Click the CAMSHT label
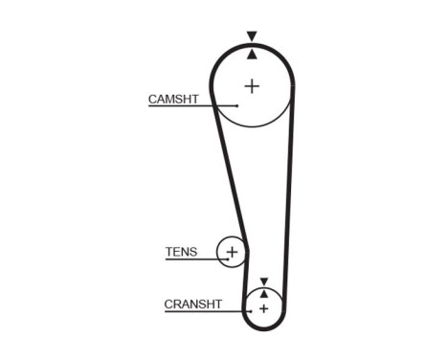pyautogui.click(x=172, y=99)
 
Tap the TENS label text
pyautogui.click(x=181, y=253)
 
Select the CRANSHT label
pyautogui.click(x=192, y=304)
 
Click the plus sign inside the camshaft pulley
pyautogui.click(x=252, y=85)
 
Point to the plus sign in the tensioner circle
pyautogui.click(x=232, y=252)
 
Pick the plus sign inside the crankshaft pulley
pyautogui.click(x=263, y=308)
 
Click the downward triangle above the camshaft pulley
pyautogui.click(x=252, y=36)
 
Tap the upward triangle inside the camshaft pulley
pyautogui.click(x=252, y=55)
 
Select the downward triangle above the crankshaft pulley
pyautogui.click(x=263, y=281)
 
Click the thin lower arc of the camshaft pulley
pyautogui.click(x=252, y=125)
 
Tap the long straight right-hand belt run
pyautogui.click(x=289, y=191)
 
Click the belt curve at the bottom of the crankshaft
pyautogui.click(x=263, y=328)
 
